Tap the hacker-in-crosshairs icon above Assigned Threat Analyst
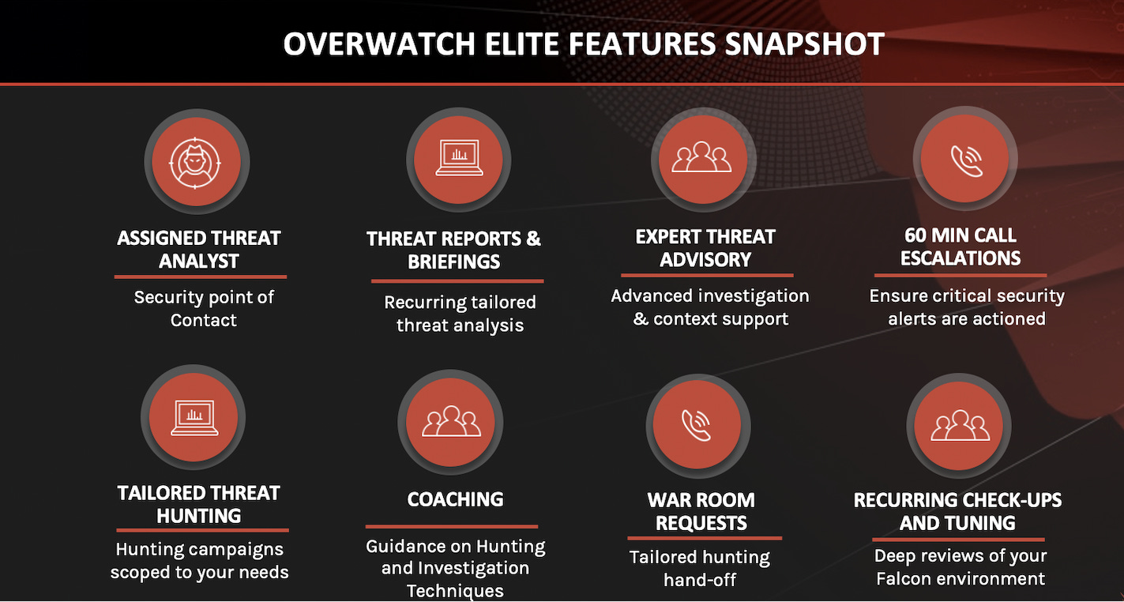click(x=197, y=161)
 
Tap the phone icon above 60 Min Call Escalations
click(x=965, y=159)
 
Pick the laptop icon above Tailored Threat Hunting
click(x=194, y=417)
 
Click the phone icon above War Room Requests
click(x=697, y=426)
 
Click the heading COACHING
click(x=455, y=499)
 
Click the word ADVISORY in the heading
click(x=705, y=260)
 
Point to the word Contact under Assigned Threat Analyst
click(x=204, y=320)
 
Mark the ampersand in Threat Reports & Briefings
click(x=532, y=239)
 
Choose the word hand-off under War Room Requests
click(x=700, y=580)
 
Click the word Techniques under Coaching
click(x=455, y=590)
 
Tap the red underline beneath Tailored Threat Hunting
click(x=202, y=530)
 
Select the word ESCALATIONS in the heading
click(x=960, y=258)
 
